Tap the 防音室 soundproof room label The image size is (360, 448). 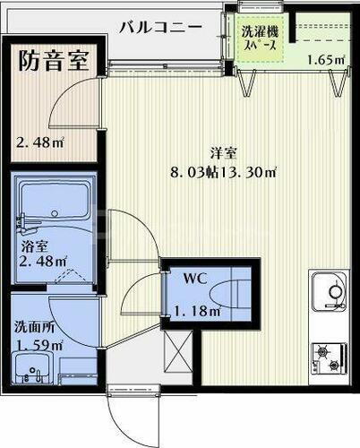[54, 62]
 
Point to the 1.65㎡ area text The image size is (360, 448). [325, 61]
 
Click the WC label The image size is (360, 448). [196, 278]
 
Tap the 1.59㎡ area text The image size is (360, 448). [38, 344]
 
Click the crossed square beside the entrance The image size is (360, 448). [177, 351]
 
